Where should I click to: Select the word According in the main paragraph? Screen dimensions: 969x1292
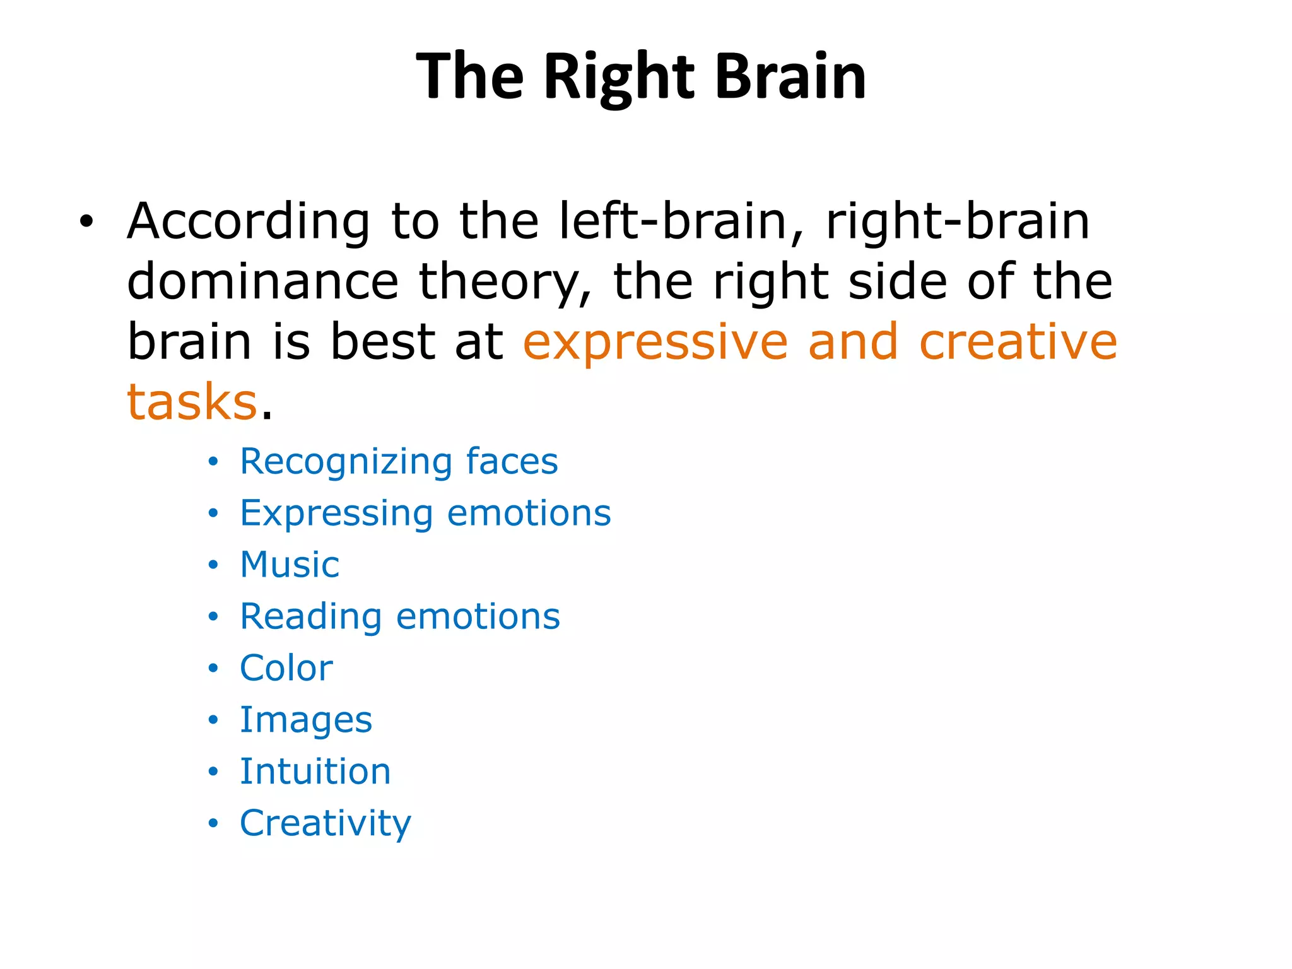(249, 221)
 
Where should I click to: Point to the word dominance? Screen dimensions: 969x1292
(262, 281)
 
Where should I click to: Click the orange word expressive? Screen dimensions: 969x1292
(655, 342)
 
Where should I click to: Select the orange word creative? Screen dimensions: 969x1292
(1018, 342)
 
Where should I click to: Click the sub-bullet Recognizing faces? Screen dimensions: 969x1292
(399, 461)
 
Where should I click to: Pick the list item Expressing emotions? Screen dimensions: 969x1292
(425, 513)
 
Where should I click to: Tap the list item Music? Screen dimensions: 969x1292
(290, 565)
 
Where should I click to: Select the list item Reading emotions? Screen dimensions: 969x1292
(400, 616)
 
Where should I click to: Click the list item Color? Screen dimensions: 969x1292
(286, 668)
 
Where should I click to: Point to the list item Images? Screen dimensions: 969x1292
(306, 720)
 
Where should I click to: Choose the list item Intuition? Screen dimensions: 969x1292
(315, 772)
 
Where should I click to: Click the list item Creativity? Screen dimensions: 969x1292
(326, 823)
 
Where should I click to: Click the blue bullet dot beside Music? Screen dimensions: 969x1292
(213, 565)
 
